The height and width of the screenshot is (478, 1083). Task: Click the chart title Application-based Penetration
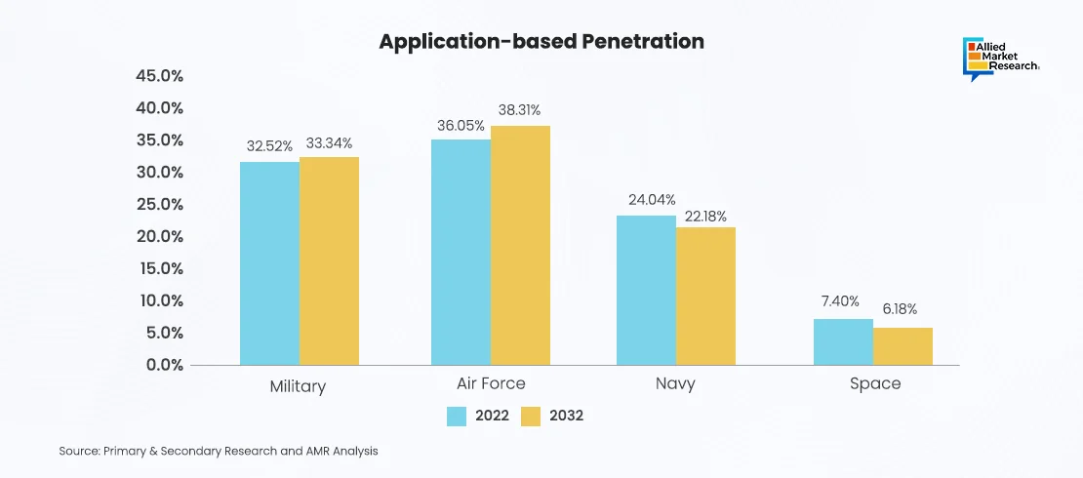[541, 42]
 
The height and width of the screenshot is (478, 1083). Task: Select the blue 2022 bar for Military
[269, 263]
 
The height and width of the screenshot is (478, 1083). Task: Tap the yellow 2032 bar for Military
[329, 261]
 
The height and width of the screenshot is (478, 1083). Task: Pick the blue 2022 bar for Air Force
[461, 253]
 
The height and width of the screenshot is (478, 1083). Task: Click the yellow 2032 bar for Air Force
[520, 246]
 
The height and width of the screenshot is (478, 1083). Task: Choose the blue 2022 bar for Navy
[646, 291]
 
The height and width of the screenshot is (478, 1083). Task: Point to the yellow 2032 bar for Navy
[705, 297]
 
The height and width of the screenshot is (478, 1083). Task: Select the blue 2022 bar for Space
[843, 342]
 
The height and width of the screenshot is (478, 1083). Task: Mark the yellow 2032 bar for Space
[902, 346]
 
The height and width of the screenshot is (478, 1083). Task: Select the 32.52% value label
[269, 145]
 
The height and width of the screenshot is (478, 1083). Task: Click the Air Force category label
[490, 383]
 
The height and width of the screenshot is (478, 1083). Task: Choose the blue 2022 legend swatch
[457, 417]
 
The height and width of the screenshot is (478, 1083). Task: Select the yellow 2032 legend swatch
[531, 417]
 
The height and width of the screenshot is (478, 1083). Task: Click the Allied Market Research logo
[999, 58]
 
